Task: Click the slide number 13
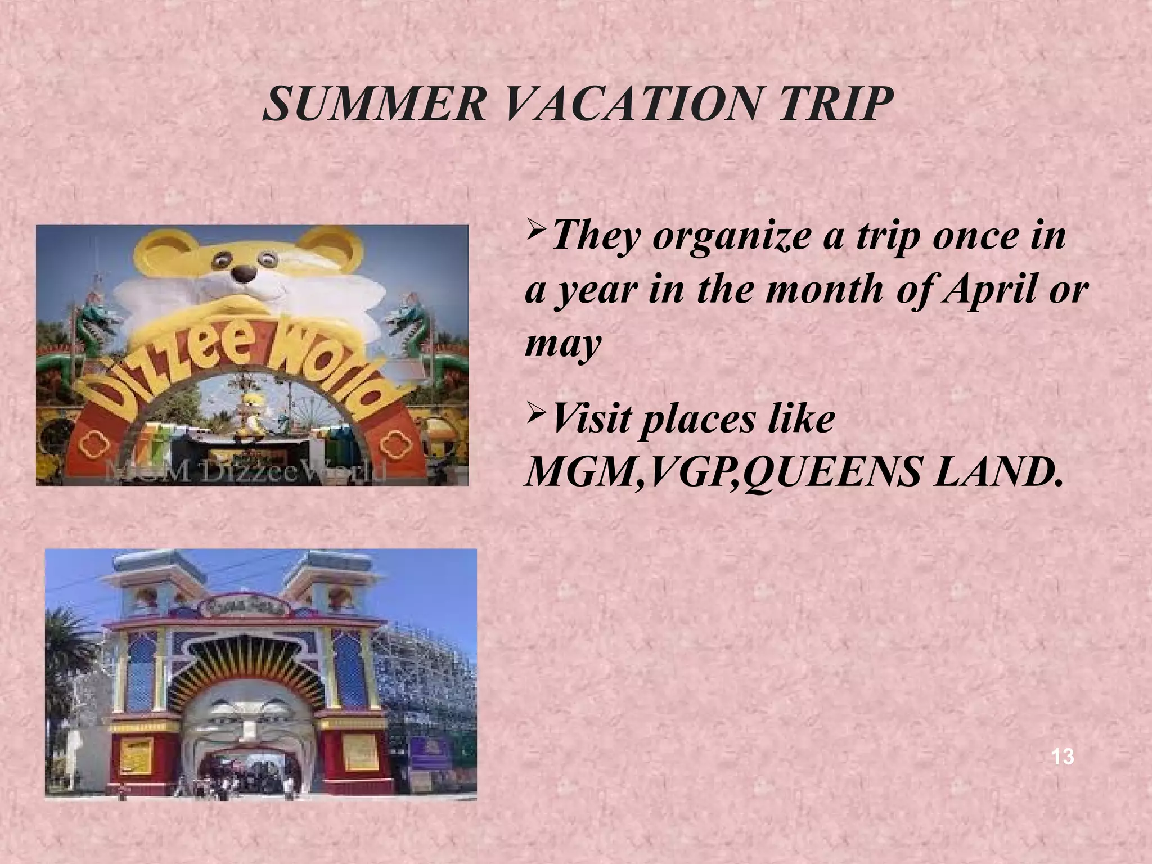(1063, 757)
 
